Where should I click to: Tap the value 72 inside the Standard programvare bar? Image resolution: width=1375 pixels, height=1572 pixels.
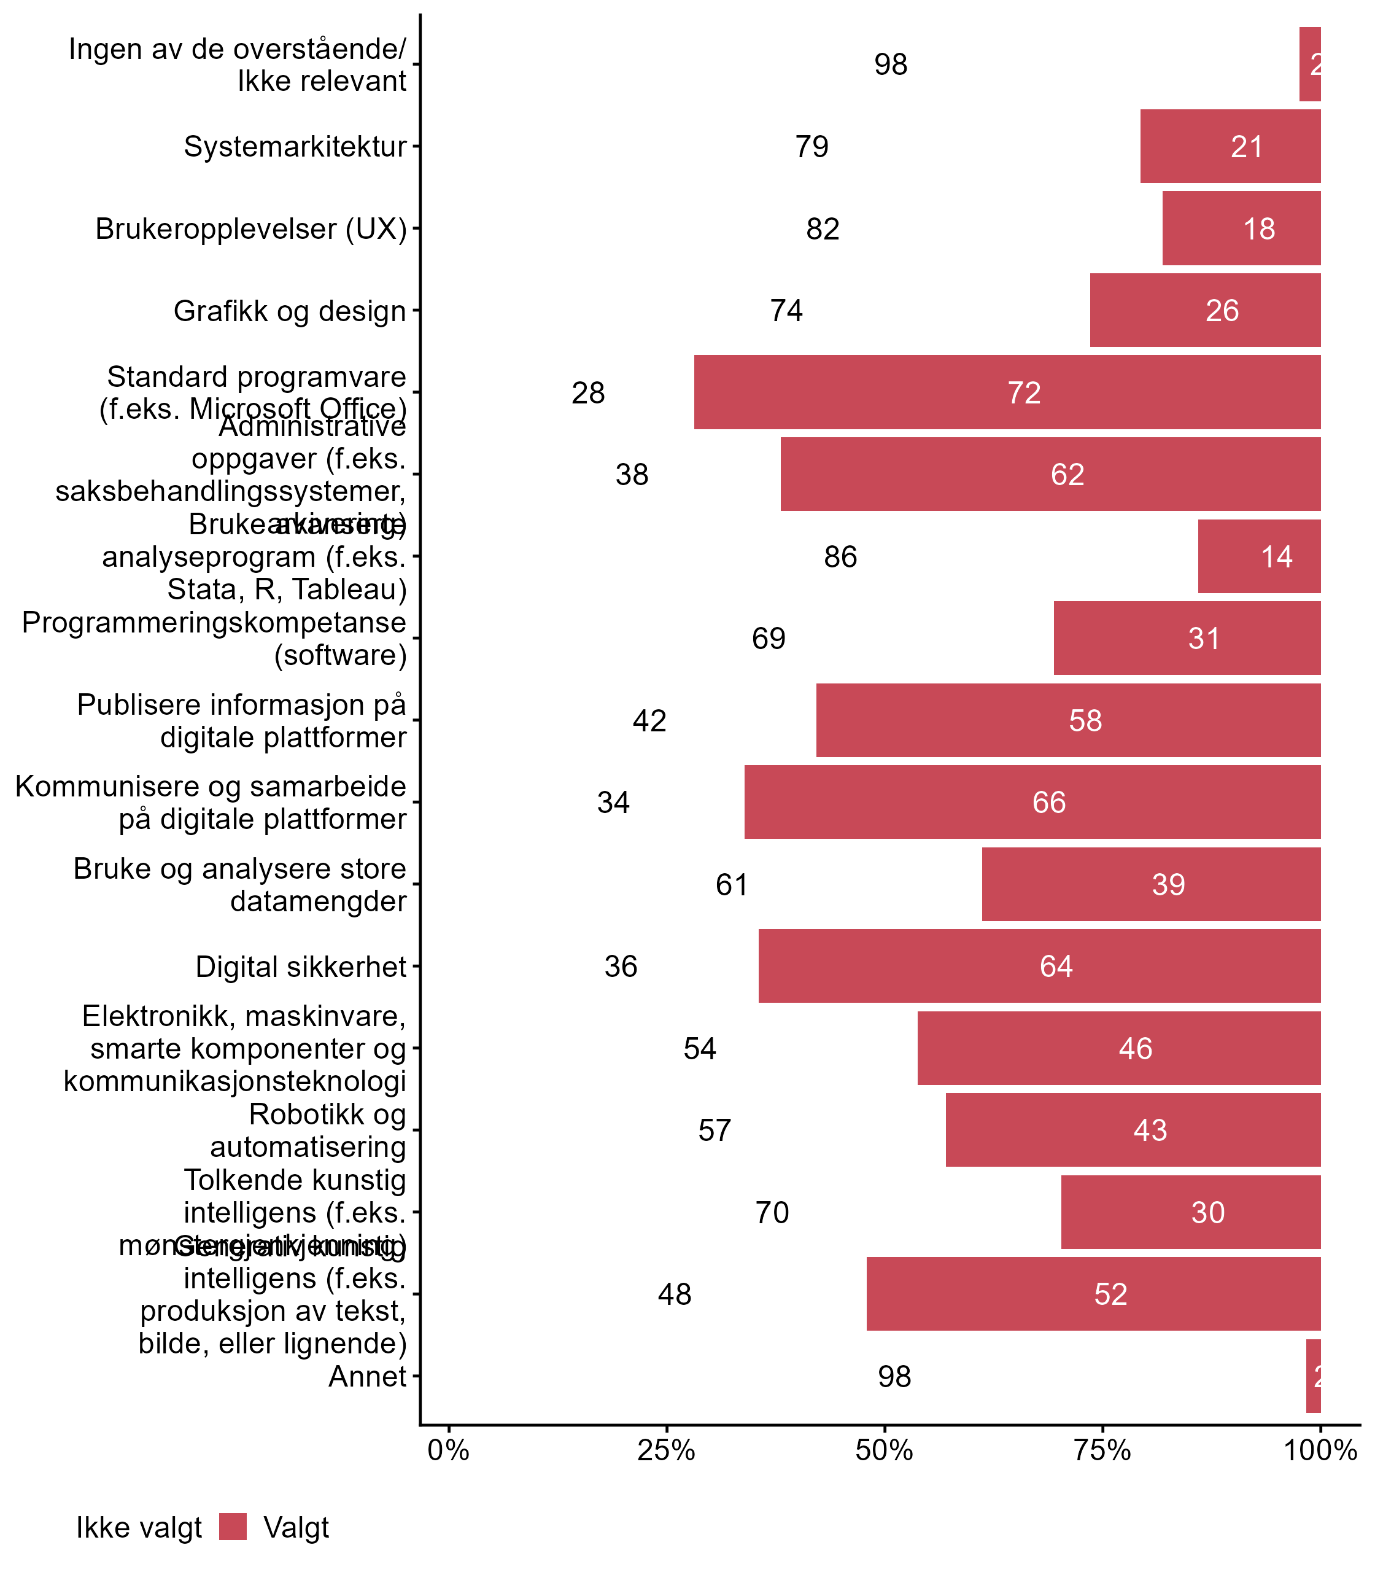coord(1024,393)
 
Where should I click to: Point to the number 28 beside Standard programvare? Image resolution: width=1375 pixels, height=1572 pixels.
coord(589,393)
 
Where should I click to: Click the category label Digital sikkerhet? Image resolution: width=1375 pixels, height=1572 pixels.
coord(301,967)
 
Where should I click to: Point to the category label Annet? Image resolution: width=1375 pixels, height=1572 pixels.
coord(367,1376)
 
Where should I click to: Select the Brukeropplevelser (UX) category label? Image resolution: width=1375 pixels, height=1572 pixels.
coord(251,228)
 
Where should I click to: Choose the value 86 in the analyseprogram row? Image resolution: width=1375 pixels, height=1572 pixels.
coord(840,556)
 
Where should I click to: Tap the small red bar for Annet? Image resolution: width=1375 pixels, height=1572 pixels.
coord(1313,1376)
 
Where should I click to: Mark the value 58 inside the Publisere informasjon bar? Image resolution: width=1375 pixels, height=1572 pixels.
coord(1085,720)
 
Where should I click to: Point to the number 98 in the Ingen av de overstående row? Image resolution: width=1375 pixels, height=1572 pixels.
coord(891,64)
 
